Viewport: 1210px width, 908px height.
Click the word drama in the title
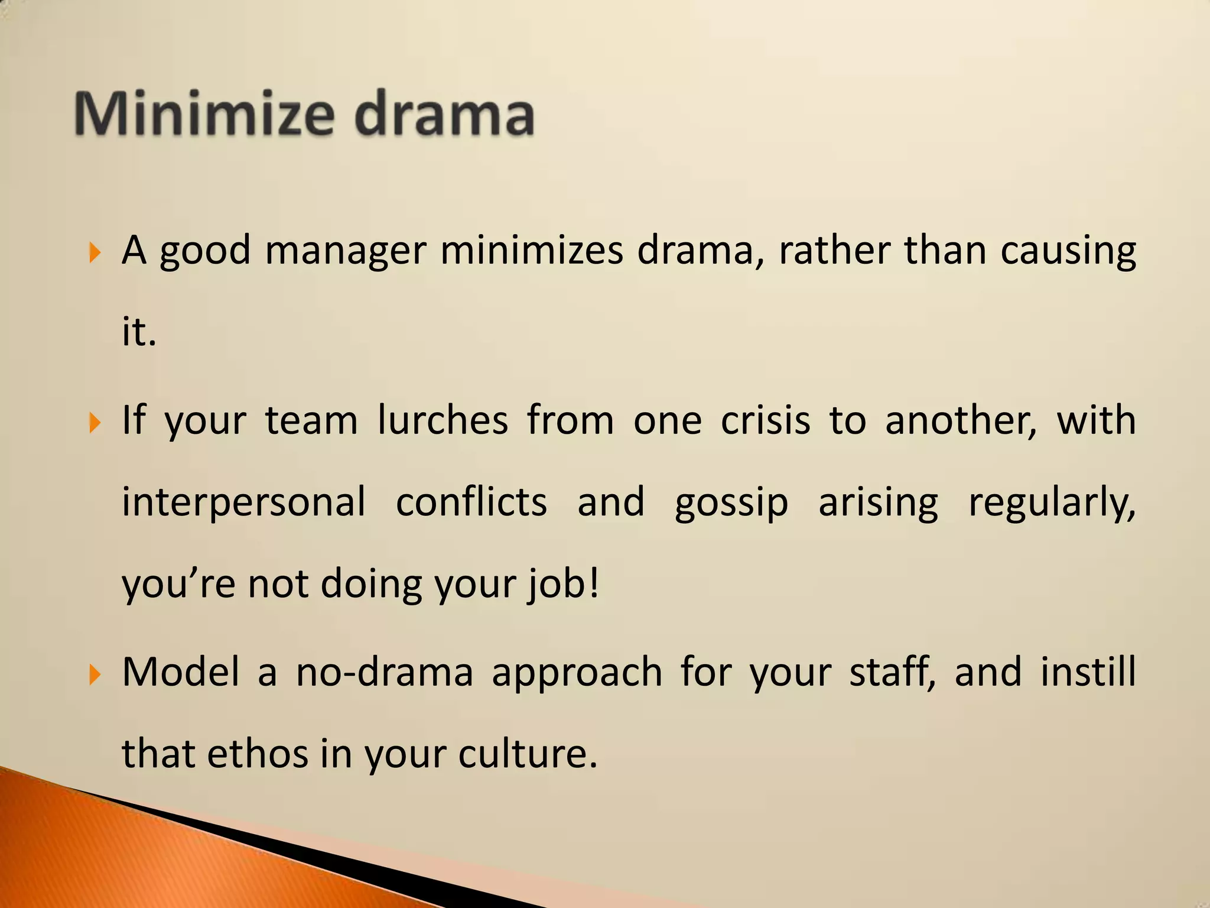point(444,113)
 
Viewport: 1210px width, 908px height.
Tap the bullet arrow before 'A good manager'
point(95,254)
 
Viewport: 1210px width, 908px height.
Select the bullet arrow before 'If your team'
point(95,423)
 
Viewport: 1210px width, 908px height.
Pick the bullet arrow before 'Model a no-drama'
point(95,675)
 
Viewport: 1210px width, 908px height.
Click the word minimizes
point(531,251)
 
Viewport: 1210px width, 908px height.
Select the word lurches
point(443,420)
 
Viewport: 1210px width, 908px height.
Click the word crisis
point(765,420)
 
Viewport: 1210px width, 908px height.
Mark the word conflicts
point(471,502)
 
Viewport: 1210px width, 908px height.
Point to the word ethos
point(258,754)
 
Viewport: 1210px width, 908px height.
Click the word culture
point(528,754)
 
